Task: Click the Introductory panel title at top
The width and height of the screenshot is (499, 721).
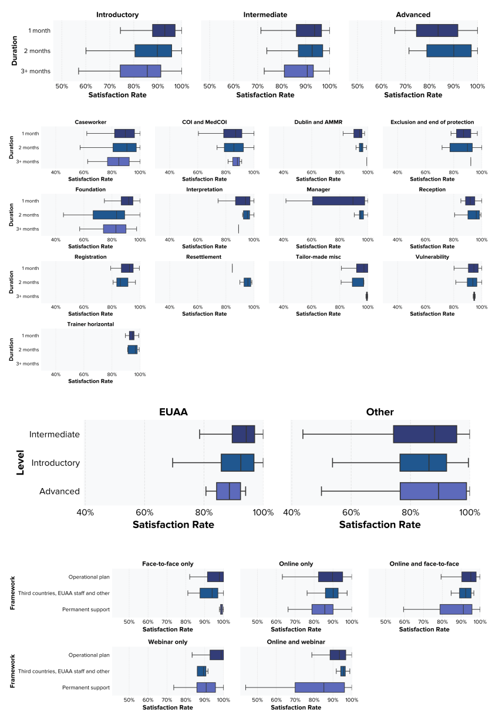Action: pos(117,15)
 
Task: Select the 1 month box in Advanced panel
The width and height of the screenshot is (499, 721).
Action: pos(437,31)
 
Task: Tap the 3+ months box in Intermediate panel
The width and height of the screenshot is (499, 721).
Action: pos(298,71)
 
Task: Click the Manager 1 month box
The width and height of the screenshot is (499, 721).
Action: pos(339,201)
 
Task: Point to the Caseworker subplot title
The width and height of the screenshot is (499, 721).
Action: pos(90,122)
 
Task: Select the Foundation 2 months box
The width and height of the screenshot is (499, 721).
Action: pos(109,215)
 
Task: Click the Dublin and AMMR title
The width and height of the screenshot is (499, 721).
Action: pos(317,122)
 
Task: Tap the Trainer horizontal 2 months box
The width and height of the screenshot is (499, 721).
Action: pos(132,350)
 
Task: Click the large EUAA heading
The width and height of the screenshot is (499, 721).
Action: pos(174,412)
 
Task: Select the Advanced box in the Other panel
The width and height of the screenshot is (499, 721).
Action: pos(433,491)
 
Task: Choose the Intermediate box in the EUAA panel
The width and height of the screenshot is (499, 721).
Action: pos(243,434)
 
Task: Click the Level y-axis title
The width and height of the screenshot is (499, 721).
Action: pos(21,463)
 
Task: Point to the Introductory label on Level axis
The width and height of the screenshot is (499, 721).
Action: pos(56,463)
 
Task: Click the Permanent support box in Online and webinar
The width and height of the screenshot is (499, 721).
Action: pos(319,687)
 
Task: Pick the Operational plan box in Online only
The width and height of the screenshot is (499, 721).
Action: pos(331,577)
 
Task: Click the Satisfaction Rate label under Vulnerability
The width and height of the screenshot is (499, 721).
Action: pos(432,314)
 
